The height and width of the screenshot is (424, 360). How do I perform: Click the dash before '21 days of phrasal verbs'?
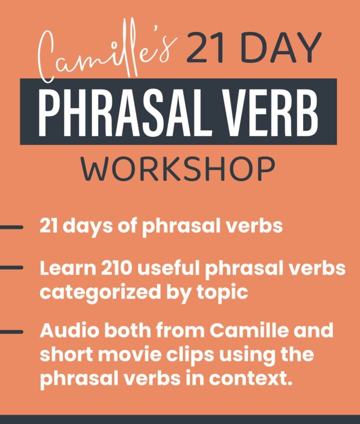11,227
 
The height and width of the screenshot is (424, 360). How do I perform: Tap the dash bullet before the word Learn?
11,268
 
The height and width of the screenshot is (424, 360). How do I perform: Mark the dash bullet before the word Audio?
11,332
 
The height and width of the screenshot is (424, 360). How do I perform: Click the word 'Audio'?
67,331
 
